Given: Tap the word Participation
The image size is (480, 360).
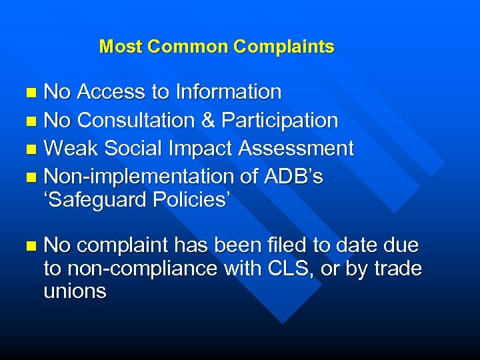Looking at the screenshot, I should click(x=280, y=121).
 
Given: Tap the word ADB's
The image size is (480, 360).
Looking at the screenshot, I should click(x=295, y=177).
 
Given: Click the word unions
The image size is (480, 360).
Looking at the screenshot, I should click(x=75, y=291).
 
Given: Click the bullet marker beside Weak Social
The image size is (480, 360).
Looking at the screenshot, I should click(x=33, y=149).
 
